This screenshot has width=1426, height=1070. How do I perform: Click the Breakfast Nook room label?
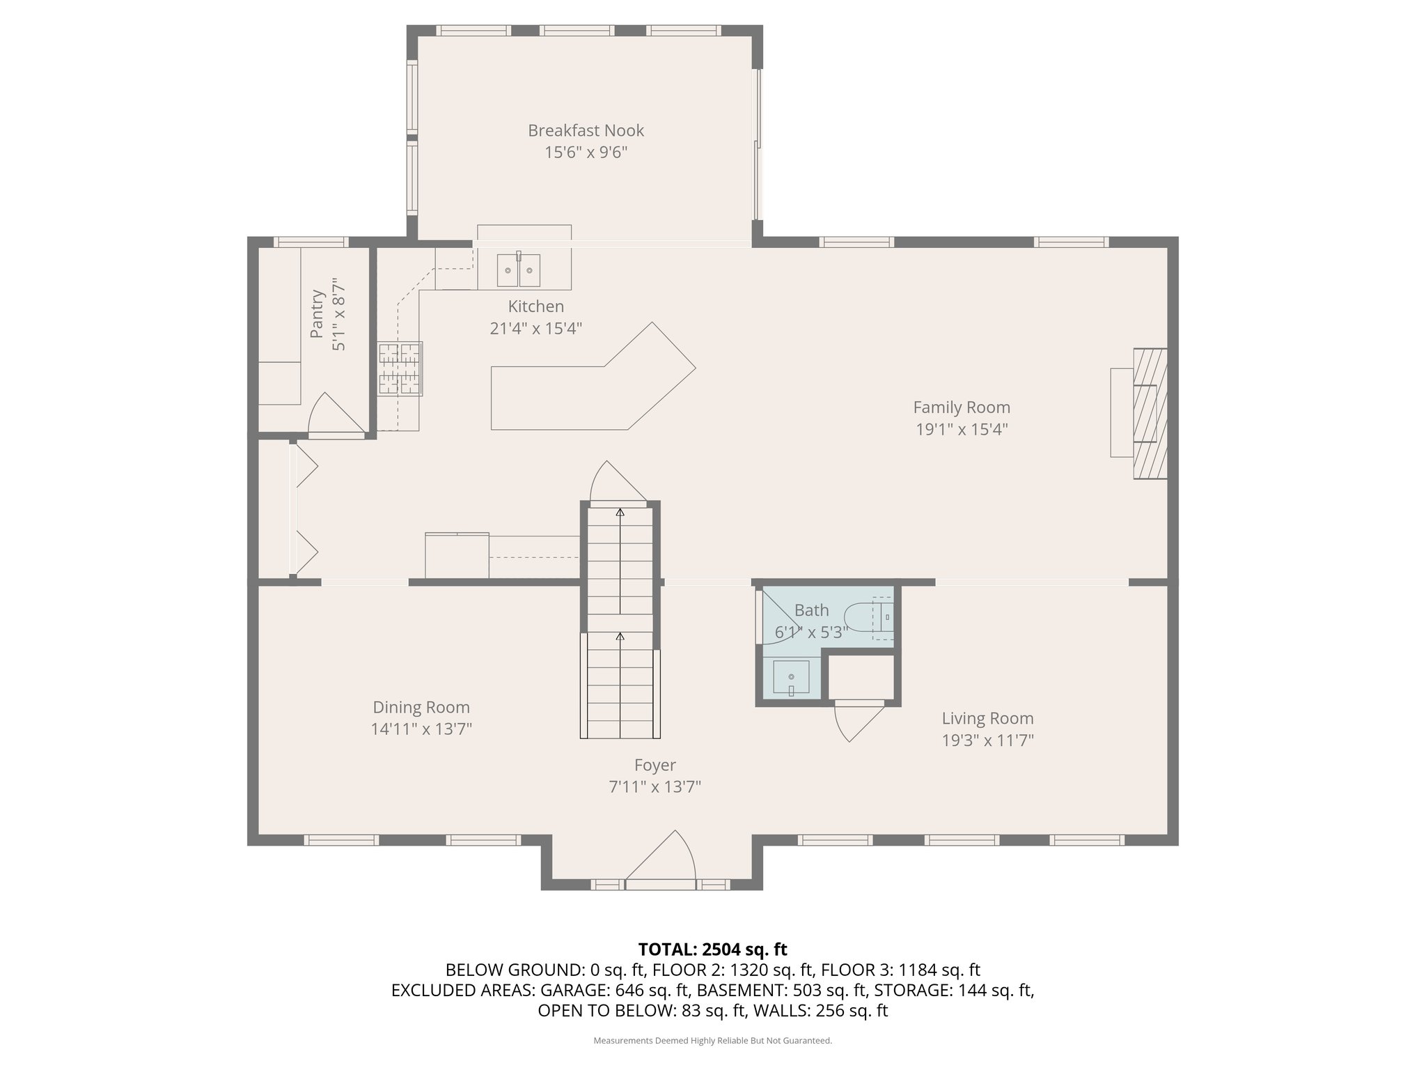click(586, 130)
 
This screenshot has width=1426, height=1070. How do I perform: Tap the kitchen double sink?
click(519, 270)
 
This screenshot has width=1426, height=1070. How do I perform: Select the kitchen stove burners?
click(400, 369)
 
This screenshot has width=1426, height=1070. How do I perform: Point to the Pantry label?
click(318, 314)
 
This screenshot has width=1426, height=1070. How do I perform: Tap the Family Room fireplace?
click(1149, 413)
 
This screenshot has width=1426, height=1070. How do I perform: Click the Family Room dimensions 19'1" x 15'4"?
click(962, 429)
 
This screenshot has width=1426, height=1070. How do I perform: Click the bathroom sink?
click(791, 678)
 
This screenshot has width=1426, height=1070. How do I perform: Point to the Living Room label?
click(987, 718)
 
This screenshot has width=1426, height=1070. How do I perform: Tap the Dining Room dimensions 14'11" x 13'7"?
click(421, 729)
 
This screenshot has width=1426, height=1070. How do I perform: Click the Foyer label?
click(655, 765)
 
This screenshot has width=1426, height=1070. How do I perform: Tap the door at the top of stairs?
click(618, 481)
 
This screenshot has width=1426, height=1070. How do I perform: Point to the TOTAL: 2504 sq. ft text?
click(712, 949)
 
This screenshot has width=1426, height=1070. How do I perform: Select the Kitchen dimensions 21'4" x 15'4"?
click(535, 328)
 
